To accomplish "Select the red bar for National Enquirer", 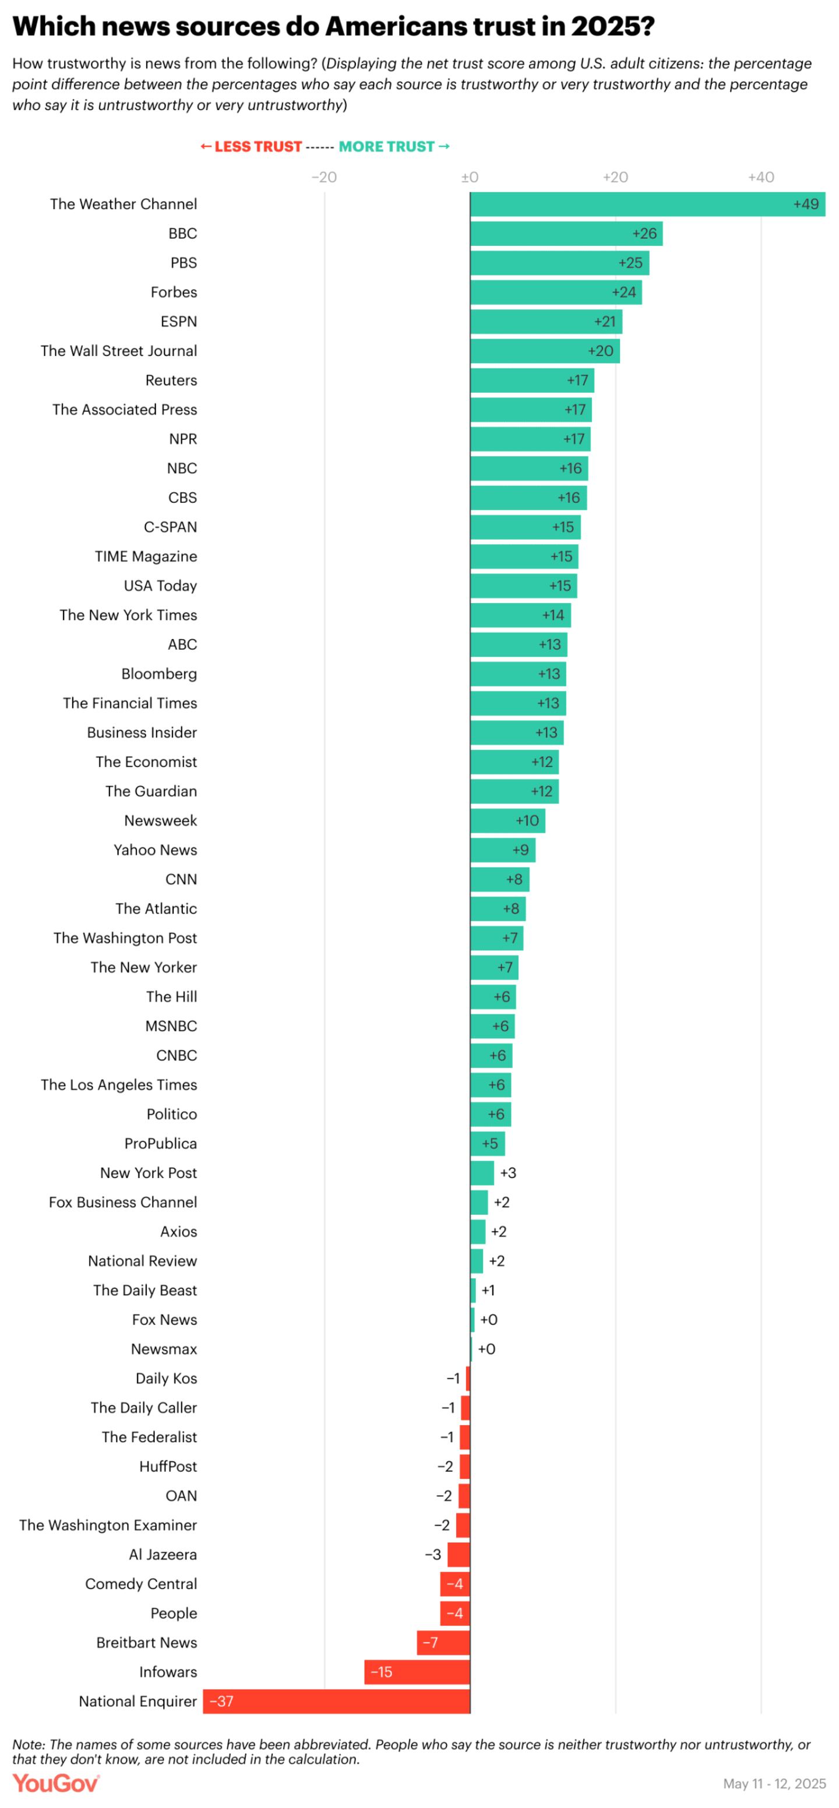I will pyautogui.click(x=337, y=1701).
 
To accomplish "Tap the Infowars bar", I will pyautogui.click(x=417, y=1671).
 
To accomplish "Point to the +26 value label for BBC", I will pyautogui.click(x=644, y=234).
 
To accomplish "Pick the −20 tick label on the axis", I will pyautogui.click(x=324, y=178).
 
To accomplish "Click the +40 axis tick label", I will pyautogui.click(x=760, y=178).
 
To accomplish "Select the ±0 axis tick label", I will pyautogui.click(x=470, y=178).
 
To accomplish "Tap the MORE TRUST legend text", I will pyautogui.click(x=387, y=147).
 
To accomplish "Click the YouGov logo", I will pyautogui.click(x=56, y=1784).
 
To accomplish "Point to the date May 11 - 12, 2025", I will pyautogui.click(x=774, y=1784).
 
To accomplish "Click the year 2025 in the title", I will pyautogui.click(x=612, y=27).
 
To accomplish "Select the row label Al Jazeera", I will pyautogui.click(x=163, y=1554).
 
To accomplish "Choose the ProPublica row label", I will pyautogui.click(x=161, y=1143).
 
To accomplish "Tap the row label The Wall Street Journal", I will pyautogui.click(x=119, y=351).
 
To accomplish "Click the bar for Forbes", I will pyautogui.click(x=555, y=292).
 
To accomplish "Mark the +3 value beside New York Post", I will pyautogui.click(x=507, y=1173).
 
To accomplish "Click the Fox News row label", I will pyautogui.click(x=164, y=1320).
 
